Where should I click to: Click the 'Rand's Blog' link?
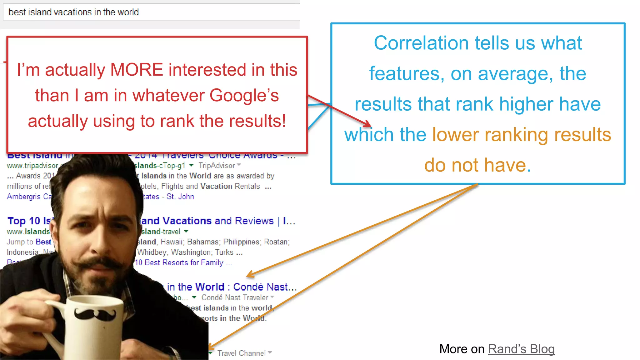tap(521, 349)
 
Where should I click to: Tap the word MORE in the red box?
tap(137, 69)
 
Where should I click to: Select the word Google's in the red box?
tap(244, 95)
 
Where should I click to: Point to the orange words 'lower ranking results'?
tap(521, 135)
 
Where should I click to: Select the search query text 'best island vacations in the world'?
tap(74, 12)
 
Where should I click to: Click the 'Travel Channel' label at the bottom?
tap(242, 353)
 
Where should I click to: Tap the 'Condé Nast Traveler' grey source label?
tap(235, 297)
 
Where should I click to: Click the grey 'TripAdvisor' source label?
tap(217, 166)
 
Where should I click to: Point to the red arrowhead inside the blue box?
tap(367, 123)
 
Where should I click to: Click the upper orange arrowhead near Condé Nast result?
tap(250, 275)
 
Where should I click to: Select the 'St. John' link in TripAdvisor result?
tap(180, 197)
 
